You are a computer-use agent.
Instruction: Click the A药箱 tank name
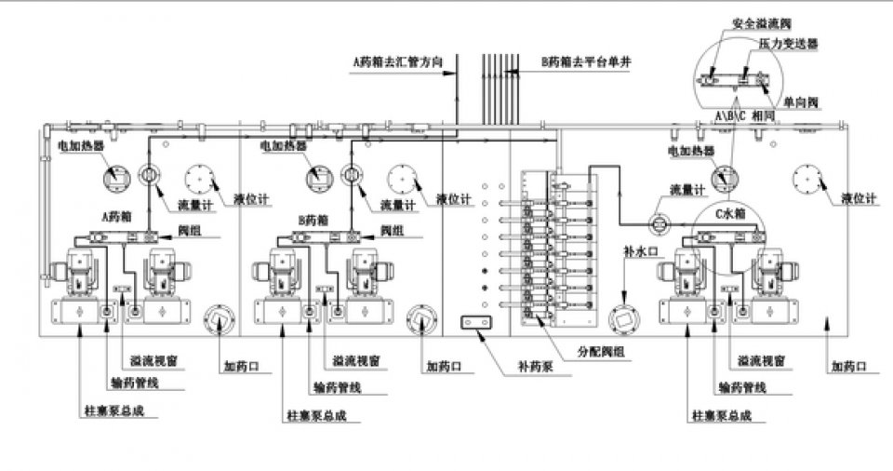point(117,217)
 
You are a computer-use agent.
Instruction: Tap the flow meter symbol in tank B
point(351,175)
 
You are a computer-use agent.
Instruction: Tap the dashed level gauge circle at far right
point(806,177)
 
